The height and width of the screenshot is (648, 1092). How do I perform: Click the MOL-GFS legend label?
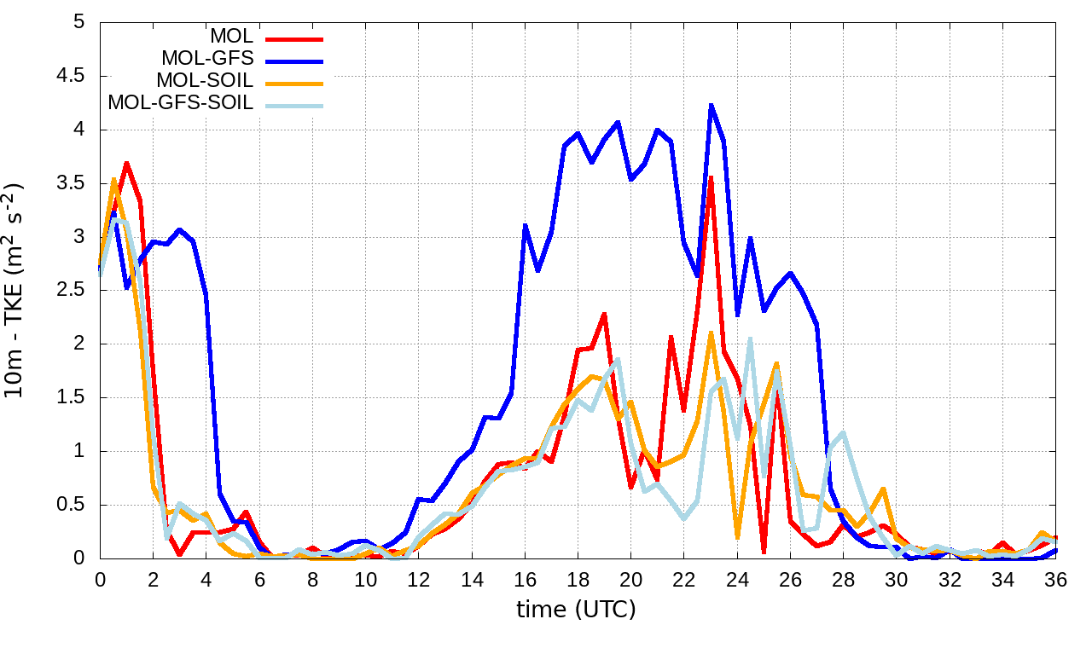pyautogui.click(x=207, y=59)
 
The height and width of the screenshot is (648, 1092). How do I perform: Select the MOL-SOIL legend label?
pyautogui.click(x=205, y=81)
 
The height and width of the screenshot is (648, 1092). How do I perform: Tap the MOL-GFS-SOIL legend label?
pyautogui.click(x=181, y=103)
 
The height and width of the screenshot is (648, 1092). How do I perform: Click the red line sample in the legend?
pyautogui.click(x=294, y=38)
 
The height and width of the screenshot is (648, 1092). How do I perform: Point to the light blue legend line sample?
pyautogui.click(x=294, y=105)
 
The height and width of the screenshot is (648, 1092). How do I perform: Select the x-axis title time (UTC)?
pyautogui.click(x=576, y=610)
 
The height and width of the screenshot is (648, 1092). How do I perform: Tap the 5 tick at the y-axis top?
pyautogui.click(x=79, y=22)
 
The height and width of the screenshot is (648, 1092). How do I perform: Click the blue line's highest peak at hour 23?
pyautogui.click(x=711, y=105)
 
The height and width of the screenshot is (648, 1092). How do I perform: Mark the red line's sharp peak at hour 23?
pyautogui.click(x=711, y=177)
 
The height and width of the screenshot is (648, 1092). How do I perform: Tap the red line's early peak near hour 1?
pyautogui.click(x=126, y=162)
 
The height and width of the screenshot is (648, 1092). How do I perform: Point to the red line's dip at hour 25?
pyautogui.click(x=764, y=553)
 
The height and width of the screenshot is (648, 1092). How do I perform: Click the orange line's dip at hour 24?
pyautogui.click(x=737, y=538)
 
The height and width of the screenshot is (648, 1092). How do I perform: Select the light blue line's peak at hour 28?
pyautogui.click(x=843, y=433)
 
